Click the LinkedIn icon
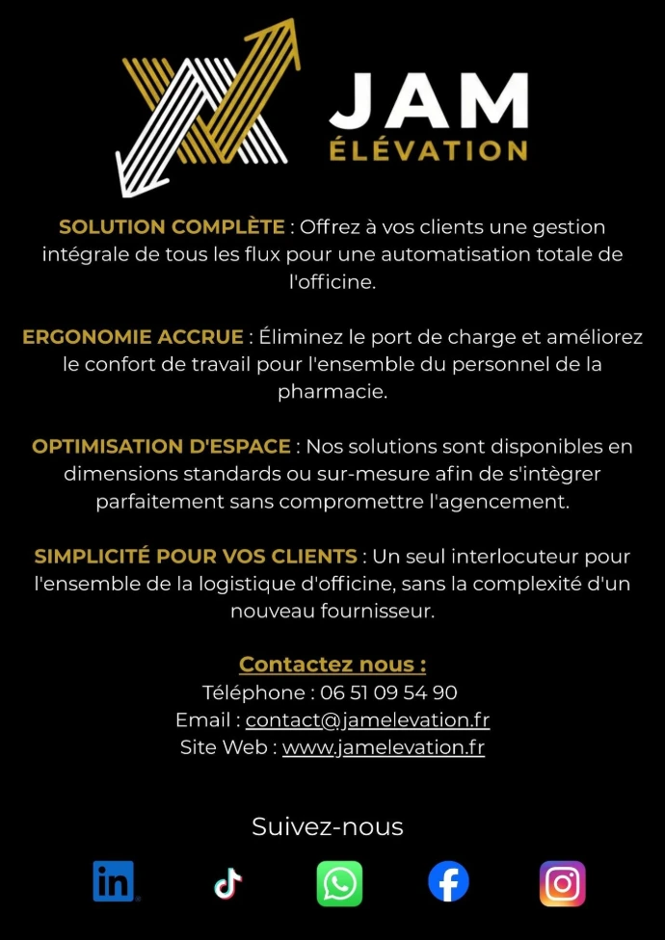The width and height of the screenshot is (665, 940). [115, 882]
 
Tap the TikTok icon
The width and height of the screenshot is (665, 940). [227, 882]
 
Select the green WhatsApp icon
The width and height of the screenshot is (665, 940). [339, 883]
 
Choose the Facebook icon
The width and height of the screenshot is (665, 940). [448, 882]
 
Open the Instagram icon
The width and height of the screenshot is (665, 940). [562, 883]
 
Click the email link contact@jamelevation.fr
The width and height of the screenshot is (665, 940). [367, 719]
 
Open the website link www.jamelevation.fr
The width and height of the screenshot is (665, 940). [383, 747]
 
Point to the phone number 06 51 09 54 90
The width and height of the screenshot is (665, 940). [388, 692]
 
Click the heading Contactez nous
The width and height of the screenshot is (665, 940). [332, 665]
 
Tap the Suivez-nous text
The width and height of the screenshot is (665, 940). [328, 826]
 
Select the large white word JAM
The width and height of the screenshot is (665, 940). [429, 101]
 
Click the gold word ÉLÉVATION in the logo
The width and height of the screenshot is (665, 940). [428, 151]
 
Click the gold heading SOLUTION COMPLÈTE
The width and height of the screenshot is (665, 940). [172, 227]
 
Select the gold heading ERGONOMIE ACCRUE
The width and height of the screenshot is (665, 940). [133, 337]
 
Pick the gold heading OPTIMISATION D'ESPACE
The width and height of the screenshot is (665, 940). [161, 447]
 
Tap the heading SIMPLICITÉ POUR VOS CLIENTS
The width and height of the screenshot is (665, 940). [196, 557]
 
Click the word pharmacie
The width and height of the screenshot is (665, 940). [332, 392]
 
